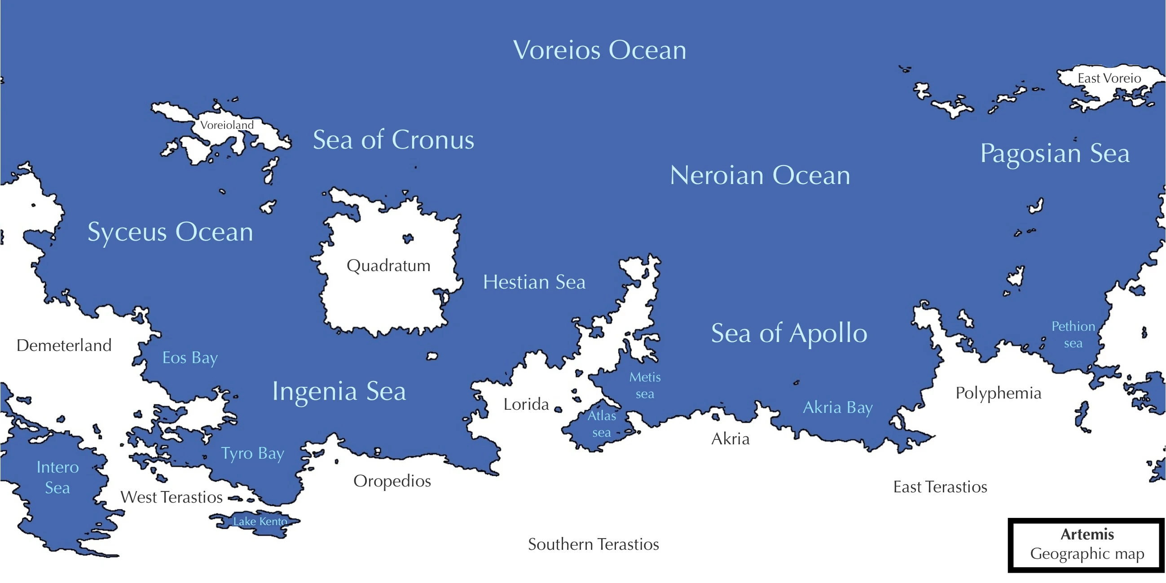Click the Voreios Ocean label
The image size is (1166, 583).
click(599, 50)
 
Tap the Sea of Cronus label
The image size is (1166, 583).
click(393, 140)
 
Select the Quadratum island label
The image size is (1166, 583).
click(388, 266)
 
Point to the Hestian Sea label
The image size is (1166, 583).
click(534, 282)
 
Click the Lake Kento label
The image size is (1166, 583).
click(260, 522)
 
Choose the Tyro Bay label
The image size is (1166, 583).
click(253, 453)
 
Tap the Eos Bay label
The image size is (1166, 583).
click(190, 358)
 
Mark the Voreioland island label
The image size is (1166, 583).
click(227, 125)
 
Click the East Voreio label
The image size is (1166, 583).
click(1109, 78)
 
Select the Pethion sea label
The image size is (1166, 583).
click(1073, 334)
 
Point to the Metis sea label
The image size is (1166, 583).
click(645, 385)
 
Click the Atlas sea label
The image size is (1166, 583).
click(602, 424)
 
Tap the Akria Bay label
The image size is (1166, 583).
click(837, 408)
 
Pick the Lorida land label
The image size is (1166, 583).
click(526, 404)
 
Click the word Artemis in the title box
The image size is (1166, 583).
click(1087, 535)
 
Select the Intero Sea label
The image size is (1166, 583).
click(57, 478)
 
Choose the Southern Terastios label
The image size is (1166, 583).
click(594, 544)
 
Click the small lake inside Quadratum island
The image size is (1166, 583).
click(408, 238)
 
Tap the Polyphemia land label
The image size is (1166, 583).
click(998, 393)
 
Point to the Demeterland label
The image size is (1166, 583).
click(64, 346)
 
